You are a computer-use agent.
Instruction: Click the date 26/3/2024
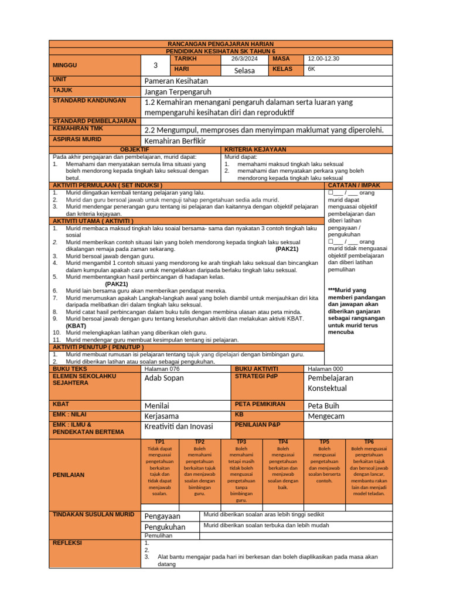pyautogui.click(x=244, y=59)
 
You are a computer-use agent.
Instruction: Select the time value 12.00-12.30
pyautogui.click(x=323, y=59)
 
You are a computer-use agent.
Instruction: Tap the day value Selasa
pyautogui.click(x=244, y=70)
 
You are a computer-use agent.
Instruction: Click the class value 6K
pyautogui.click(x=312, y=69)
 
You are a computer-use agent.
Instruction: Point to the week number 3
pyautogui.click(x=156, y=65)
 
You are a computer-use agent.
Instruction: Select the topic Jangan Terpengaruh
pyautogui.click(x=178, y=92)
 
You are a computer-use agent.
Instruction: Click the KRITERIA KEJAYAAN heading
pyautogui.click(x=255, y=150)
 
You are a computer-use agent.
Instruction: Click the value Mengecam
pyautogui.click(x=326, y=416)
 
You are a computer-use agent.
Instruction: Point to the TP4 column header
pyautogui.click(x=283, y=441)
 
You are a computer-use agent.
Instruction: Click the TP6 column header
pyautogui.click(x=369, y=441)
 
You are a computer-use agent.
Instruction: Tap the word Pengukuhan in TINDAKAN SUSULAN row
pyautogui.click(x=165, y=527)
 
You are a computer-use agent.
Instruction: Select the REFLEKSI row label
pyautogui.click(x=67, y=543)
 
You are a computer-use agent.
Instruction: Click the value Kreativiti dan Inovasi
pyautogui.click(x=179, y=427)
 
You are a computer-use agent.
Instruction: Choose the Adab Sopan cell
pyautogui.click(x=164, y=378)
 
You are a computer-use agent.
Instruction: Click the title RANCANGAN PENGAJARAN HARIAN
pyautogui.click(x=221, y=44)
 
